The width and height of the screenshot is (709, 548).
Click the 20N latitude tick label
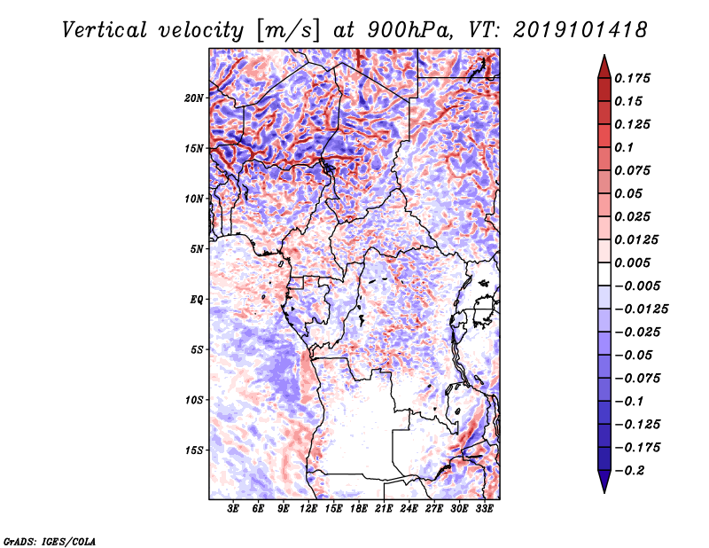[194, 98]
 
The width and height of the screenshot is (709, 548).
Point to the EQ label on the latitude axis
[197, 300]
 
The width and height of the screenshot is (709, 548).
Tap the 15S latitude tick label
[194, 450]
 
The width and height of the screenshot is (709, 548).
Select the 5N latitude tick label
[197, 249]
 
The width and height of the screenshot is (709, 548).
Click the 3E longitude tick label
[233, 509]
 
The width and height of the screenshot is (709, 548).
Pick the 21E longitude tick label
[384, 509]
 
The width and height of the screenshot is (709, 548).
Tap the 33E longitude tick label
[484, 509]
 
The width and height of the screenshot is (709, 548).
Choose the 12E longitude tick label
[308, 509]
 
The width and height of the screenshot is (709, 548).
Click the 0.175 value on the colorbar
[633, 78]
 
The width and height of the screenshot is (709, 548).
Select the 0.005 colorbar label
[633, 262]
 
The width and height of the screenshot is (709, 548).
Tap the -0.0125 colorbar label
[642, 309]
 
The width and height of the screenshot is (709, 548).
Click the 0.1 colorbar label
[625, 147]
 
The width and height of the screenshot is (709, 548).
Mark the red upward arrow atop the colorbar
[604, 67]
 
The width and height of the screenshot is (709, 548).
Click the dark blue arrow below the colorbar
[604, 481]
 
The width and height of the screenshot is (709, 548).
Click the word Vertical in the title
[105, 30]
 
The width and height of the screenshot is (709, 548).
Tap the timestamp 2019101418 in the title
[580, 30]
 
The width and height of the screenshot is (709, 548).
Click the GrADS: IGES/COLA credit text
[50, 542]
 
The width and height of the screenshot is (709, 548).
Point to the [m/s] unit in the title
[288, 31]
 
